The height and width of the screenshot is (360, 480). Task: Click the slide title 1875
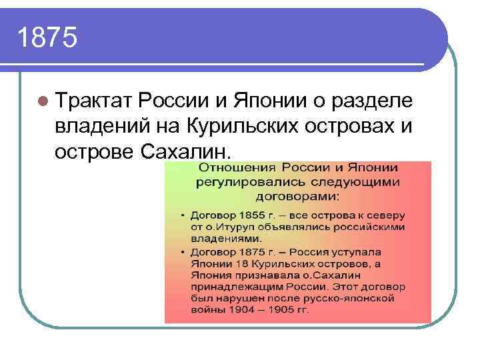point(48,39)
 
